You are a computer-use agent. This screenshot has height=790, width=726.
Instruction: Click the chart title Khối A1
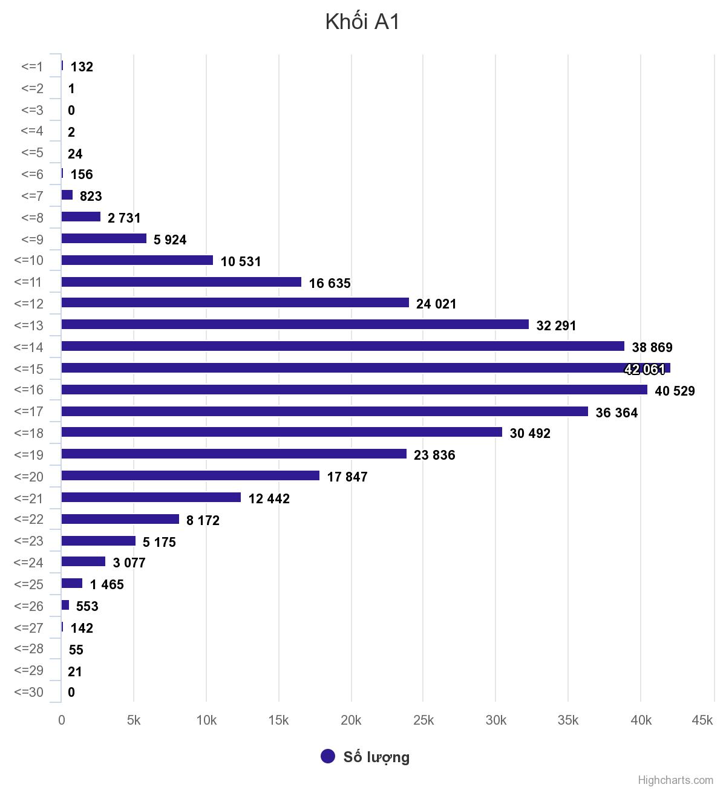click(362, 22)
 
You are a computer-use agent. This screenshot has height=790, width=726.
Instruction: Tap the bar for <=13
click(295, 325)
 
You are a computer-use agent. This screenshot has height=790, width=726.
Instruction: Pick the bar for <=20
click(190, 476)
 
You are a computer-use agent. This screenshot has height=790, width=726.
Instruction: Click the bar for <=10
click(137, 260)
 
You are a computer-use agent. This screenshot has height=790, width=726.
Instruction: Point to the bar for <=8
click(80, 217)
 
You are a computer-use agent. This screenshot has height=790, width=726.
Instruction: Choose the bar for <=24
click(83, 562)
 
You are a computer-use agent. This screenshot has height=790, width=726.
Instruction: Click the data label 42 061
click(644, 369)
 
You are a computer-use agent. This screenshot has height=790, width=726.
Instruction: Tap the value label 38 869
click(652, 347)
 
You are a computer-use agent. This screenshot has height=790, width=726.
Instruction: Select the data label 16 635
click(329, 283)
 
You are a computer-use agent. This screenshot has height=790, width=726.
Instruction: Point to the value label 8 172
click(203, 520)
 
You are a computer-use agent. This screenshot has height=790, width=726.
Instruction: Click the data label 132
click(82, 67)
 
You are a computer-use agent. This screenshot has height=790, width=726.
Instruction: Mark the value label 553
click(87, 606)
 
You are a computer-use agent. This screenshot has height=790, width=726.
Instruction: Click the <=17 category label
click(29, 412)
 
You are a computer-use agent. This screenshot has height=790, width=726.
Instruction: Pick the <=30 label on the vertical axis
click(29, 693)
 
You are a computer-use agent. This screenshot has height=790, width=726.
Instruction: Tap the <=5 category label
click(32, 152)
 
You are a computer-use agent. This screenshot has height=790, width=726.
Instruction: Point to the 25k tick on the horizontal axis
click(423, 720)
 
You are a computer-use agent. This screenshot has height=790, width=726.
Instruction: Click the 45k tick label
click(702, 720)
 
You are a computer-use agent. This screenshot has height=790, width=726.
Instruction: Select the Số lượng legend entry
click(365, 757)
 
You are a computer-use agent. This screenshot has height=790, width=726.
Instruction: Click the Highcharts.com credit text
click(675, 780)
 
